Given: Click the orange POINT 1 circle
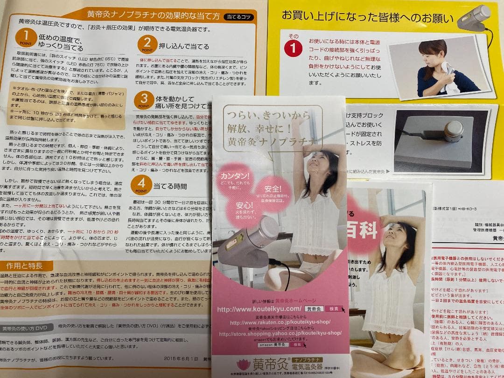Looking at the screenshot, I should pos(26,38).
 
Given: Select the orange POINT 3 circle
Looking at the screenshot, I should pos(144,100).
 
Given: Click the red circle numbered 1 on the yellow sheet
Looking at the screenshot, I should pos(293,47).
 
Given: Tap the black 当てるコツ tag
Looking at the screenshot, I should pos(239,17).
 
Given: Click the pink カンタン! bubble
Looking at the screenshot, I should pos(235,179).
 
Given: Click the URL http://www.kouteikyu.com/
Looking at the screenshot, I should pos(259,309).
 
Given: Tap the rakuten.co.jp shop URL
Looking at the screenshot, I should pos(280,322).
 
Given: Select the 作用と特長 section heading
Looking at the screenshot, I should pos(24,266).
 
